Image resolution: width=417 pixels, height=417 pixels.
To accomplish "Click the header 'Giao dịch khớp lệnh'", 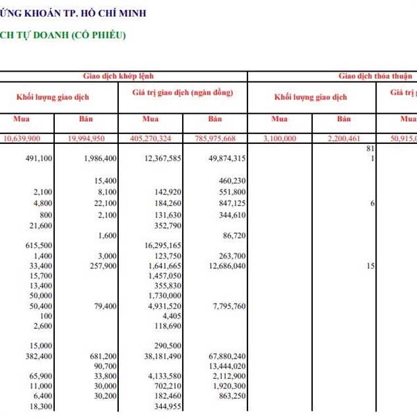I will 123,76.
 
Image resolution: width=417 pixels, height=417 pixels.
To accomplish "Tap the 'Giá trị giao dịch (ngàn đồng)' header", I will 181,92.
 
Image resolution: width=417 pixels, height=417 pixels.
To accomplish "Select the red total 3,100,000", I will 279,138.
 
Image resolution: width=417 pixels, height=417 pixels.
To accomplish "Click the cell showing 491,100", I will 39,158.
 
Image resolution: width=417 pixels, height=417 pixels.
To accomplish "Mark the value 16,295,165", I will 163,245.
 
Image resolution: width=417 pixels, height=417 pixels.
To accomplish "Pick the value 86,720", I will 231,236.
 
